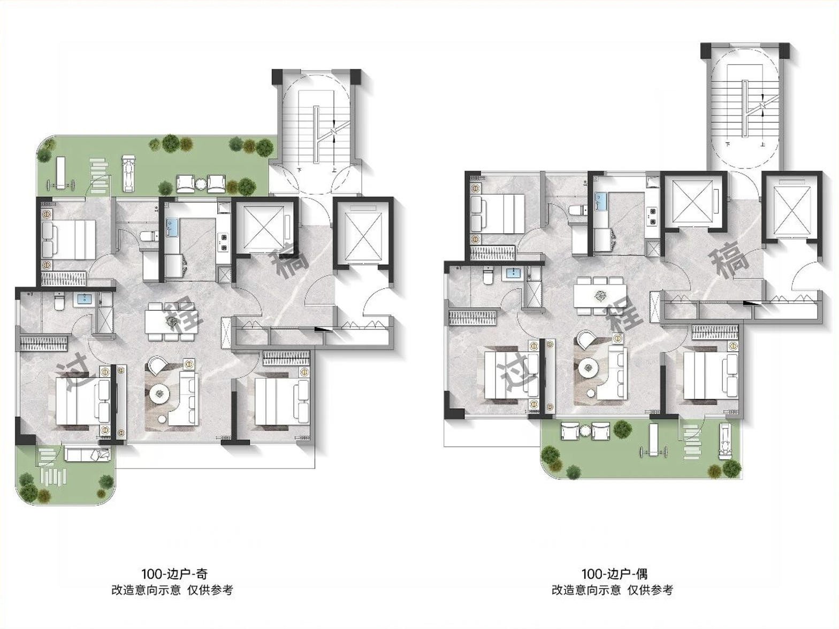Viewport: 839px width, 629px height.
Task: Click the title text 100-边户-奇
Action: click(x=174, y=573)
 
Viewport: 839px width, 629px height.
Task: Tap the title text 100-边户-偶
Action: click(x=615, y=573)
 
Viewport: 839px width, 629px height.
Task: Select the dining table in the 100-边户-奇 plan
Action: click(x=170, y=321)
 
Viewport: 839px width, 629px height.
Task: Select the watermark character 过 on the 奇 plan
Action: click(x=77, y=378)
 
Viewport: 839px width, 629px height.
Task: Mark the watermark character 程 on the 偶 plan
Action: click(x=624, y=317)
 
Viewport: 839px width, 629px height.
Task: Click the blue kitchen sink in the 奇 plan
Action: click(x=171, y=228)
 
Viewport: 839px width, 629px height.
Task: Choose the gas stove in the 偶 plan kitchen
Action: click(x=651, y=215)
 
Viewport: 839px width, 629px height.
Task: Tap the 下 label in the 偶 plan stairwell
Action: click(x=728, y=144)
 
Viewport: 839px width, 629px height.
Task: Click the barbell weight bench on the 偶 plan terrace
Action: click(x=654, y=439)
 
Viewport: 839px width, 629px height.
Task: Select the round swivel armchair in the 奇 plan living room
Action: click(x=157, y=365)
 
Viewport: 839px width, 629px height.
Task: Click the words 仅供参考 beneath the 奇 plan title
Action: click(x=210, y=590)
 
